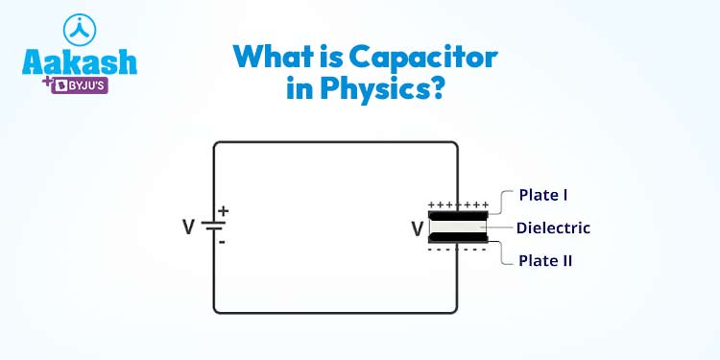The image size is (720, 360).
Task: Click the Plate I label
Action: point(543,195)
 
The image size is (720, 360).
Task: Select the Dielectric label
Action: point(553,228)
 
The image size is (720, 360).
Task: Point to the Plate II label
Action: point(545,260)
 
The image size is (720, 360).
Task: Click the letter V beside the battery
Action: point(188,228)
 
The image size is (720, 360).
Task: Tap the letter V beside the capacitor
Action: point(417,228)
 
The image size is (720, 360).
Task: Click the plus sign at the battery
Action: point(223,210)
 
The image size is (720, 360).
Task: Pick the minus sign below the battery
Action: point(222,243)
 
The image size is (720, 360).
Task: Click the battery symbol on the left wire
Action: point(213,228)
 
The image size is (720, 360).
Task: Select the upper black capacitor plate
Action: point(458,216)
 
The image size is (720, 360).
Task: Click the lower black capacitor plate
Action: point(458,238)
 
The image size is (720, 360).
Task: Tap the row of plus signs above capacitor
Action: point(458,204)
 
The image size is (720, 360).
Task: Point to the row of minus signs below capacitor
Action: point(458,250)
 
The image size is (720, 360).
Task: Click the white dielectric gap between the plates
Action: point(458,228)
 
